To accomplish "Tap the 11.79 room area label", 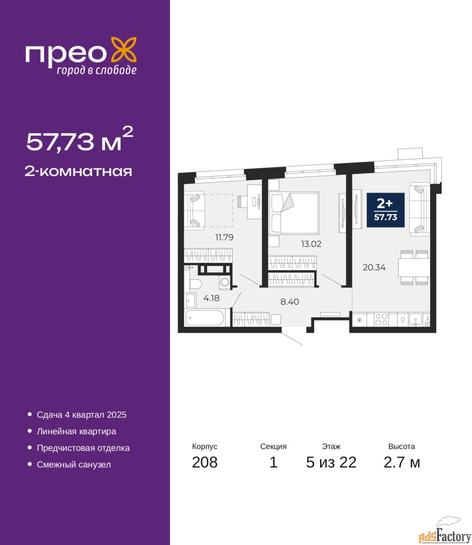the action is [x=224, y=237].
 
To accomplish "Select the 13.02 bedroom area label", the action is [x=311, y=244].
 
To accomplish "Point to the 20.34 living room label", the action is [x=374, y=268].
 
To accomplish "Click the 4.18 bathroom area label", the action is [x=212, y=298].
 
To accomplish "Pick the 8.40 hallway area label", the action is [x=290, y=301].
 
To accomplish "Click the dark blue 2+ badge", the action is [x=386, y=210].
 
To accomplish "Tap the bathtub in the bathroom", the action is [x=205, y=318].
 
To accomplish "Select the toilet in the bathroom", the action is [x=195, y=284].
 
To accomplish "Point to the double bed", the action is [x=294, y=213].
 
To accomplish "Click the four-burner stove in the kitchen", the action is [x=381, y=320].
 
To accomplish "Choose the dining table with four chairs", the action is [x=414, y=268].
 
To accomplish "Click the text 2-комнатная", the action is [x=78, y=172].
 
